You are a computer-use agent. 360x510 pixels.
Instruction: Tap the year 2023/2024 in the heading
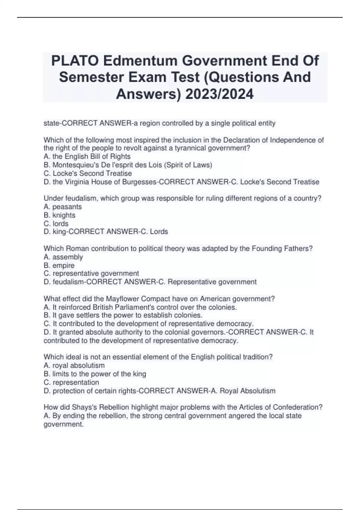(x=219, y=94)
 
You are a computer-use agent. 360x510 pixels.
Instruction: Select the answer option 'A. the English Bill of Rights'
(x=87, y=157)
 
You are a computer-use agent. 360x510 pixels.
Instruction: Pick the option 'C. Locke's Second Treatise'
(x=88, y=173)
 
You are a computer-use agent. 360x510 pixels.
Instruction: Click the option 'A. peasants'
(x=63, y=207)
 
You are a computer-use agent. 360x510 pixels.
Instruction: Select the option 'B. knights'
(x=59, y=215)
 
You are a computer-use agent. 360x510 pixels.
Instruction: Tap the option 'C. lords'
(x=56, y=224)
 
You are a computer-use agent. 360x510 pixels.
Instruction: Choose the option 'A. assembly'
(x=63, y=257)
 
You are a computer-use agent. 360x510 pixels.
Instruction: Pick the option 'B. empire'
(x=59, y=265)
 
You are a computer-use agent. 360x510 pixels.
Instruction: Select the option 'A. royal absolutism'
(x=74, y=366)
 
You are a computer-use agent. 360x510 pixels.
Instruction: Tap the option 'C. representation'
(x=71, y=382)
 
